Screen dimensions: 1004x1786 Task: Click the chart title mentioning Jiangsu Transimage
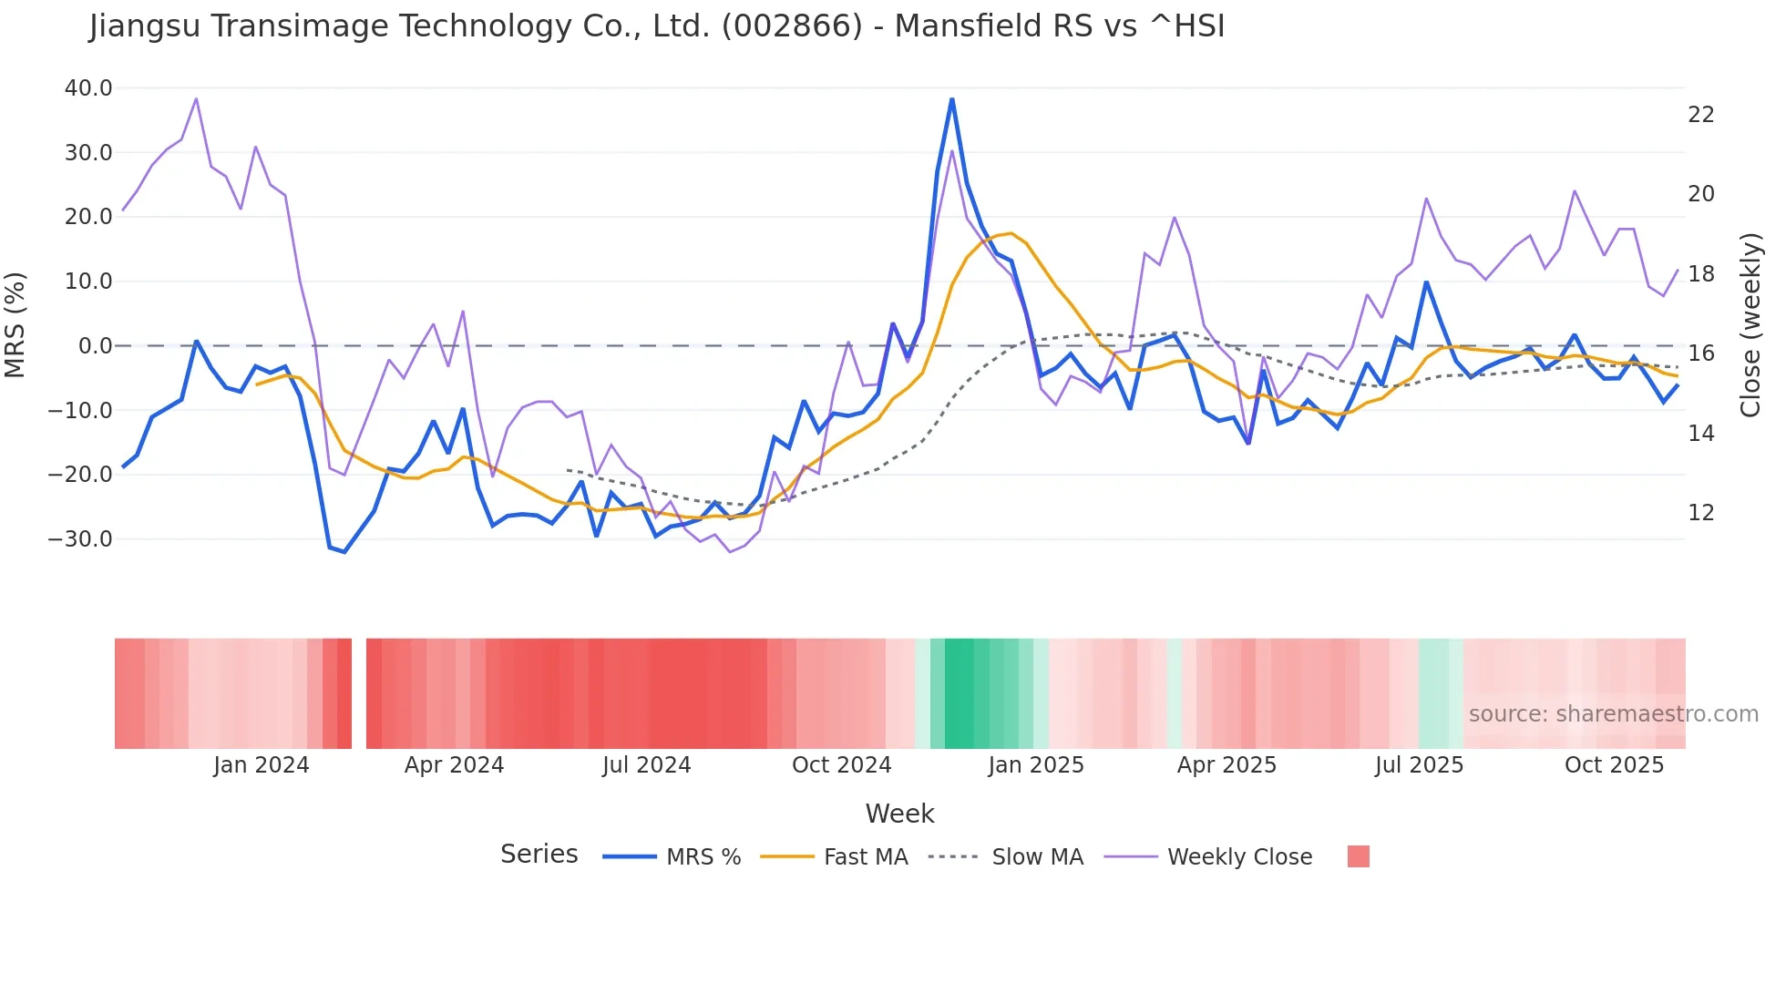coord(656,26)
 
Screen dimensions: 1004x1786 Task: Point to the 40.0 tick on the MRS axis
coord(88,88)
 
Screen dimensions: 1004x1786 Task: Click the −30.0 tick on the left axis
coord(80,538)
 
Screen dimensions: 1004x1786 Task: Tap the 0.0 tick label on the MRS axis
coord(95,346)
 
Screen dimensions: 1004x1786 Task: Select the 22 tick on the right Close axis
coord(1700,115)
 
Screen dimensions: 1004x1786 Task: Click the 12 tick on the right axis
coord(1700,513)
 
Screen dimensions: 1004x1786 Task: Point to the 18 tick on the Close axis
coord(1700,274)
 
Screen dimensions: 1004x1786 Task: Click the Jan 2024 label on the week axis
coord(262,765)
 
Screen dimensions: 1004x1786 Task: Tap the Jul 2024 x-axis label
coord(646,765)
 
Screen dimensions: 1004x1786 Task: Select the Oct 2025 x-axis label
coord(1614,765)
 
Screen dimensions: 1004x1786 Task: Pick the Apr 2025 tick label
coord(1227,765)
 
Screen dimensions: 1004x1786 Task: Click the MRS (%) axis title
coord(15,324)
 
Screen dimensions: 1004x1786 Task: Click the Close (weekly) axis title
coord(1750,325)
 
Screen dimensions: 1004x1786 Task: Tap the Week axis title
coord(899,814)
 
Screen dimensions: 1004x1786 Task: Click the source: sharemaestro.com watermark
coord(1613,714)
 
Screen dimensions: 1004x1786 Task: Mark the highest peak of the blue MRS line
coord(952,99)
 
